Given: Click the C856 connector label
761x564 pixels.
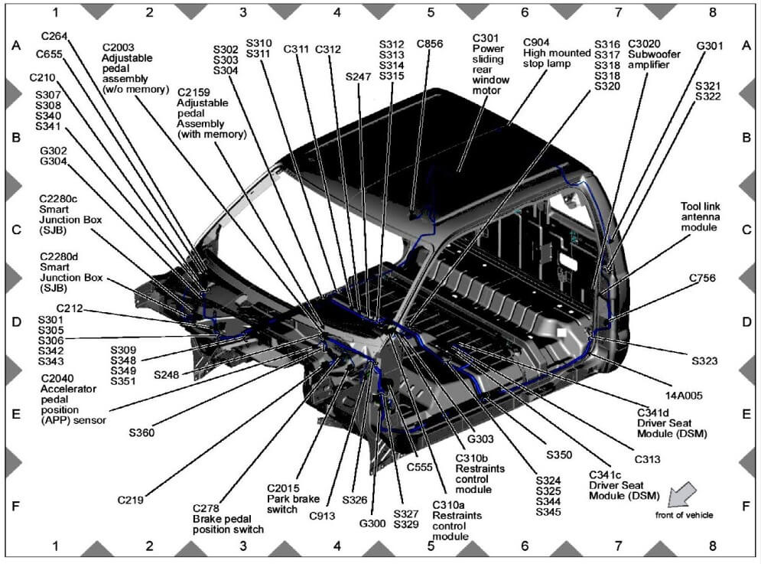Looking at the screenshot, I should pyautogui.click(x=429, y=44).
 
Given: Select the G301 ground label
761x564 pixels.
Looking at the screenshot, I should pyautogui.click(x=709, y=46).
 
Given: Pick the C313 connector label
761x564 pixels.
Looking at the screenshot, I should pyautogui.click(x=647, y=459).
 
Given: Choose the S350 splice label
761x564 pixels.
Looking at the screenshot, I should pyautogui.click(x=558, y=455).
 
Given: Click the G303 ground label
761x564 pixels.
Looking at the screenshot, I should pyautogui.click(x=480, y=439).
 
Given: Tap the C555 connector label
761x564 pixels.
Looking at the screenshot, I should pyautogui.click(x=421, y=467).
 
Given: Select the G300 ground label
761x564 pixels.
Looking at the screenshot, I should pyautogui.click(x=373, y=523).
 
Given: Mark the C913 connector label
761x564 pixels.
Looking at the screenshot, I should pyautogui.click(x=322, y=516).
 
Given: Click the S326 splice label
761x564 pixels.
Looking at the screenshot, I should pyautogui.click(x=355, y=500).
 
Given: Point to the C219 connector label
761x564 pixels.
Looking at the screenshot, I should pyautogui.click(x=131, y=500).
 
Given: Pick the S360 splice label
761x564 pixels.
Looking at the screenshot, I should pyautogui.click(x=141, y=432).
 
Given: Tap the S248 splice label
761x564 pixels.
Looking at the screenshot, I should pyautogui.click(x=166, y=375).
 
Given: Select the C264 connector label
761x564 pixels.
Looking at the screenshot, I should pyautogui.click(x=54, y=35).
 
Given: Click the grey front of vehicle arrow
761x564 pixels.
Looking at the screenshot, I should pyautogui.click(x=682, y=494).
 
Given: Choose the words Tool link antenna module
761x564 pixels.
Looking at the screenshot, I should pyautogui.click(x=701, y=217).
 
